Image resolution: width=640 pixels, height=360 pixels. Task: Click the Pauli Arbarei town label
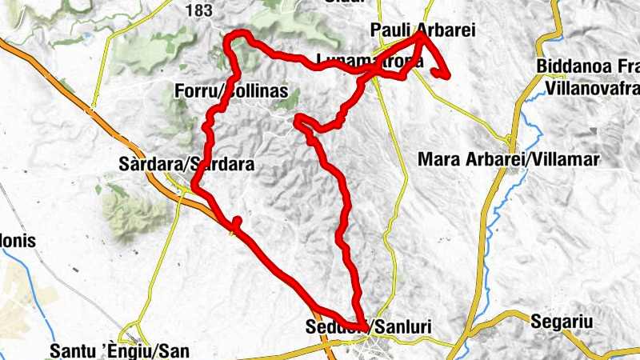pyautogui.click(x=423, y=30)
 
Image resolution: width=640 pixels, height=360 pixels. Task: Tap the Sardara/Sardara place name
pyautogui.click(x=186, y=165)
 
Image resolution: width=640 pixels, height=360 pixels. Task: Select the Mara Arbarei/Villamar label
pyautogui.click(x=509, y=160)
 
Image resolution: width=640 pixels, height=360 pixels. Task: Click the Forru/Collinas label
pyautogui.click(x=230, y=92)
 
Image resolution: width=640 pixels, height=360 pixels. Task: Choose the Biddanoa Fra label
pyautogui.click(x=588, y=66)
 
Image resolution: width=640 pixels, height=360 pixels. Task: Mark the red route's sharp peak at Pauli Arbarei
pyautogui.click(x=421, y=36)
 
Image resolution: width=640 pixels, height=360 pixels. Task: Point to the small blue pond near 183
pyautogui.click(x=86, y=35)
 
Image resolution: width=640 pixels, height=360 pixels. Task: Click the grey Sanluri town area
pyautogui.click(x=376, y=344)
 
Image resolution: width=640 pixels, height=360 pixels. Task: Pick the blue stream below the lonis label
pyautogui.click(x=24, y=264)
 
